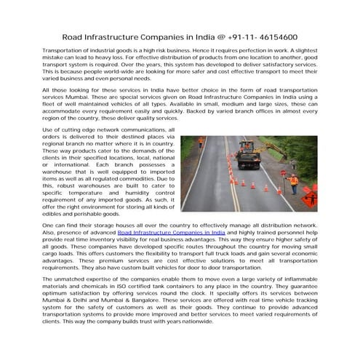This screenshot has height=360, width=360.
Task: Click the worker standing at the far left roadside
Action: tap(201, 143)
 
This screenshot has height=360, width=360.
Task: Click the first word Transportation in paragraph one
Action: tap(65, 53)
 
